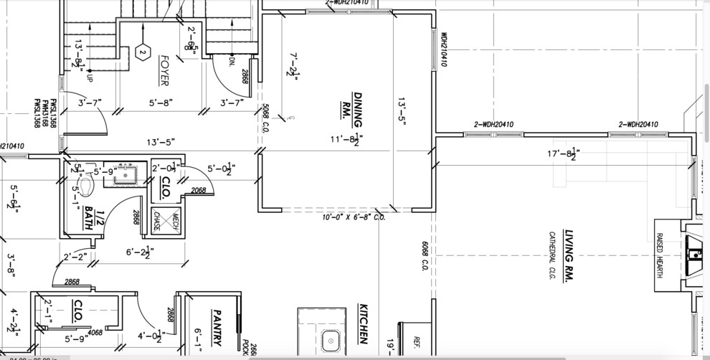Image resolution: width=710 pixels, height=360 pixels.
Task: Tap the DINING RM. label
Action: click(x=343, y=105)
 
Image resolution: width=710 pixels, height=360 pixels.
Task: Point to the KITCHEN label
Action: click(x=363, y=323)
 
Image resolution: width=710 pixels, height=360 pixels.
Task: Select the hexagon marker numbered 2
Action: click(x=142, y=52)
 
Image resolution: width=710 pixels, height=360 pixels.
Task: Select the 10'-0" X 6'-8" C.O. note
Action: click(x=354, y=217)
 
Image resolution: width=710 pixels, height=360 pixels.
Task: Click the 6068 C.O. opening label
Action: click(x=424, y=257)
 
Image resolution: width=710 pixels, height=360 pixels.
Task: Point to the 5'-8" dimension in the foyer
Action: click(x=161, y=103)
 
